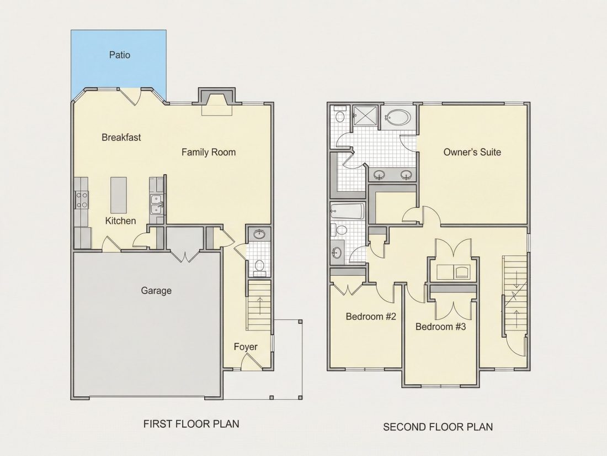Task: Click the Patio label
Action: [120, 55]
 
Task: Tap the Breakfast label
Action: [121, 137]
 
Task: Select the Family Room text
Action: [209, 153]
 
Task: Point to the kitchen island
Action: [119, 195]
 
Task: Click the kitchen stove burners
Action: [82, 200]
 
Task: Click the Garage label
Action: [156, 290]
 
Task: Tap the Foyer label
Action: [246, 347]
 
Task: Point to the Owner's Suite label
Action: [472, 152]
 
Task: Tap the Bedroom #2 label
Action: [371, 317]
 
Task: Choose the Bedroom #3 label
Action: [440, 327]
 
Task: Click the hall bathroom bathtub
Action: [347, 211]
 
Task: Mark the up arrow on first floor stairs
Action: [259, 306]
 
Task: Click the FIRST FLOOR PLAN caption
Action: [191, 424]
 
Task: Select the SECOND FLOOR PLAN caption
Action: [438, 427]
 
